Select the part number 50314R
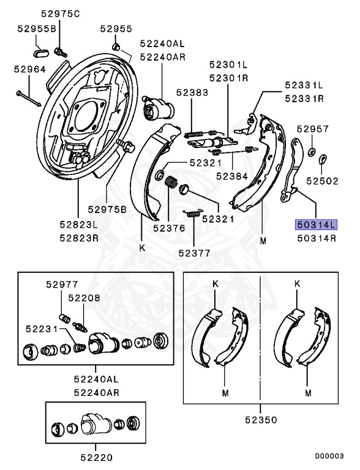[x=316, y=238]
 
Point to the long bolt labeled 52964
[x=28, y=95]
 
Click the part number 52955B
[x=36, y=28]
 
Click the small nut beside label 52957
[x=312, y=151]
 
